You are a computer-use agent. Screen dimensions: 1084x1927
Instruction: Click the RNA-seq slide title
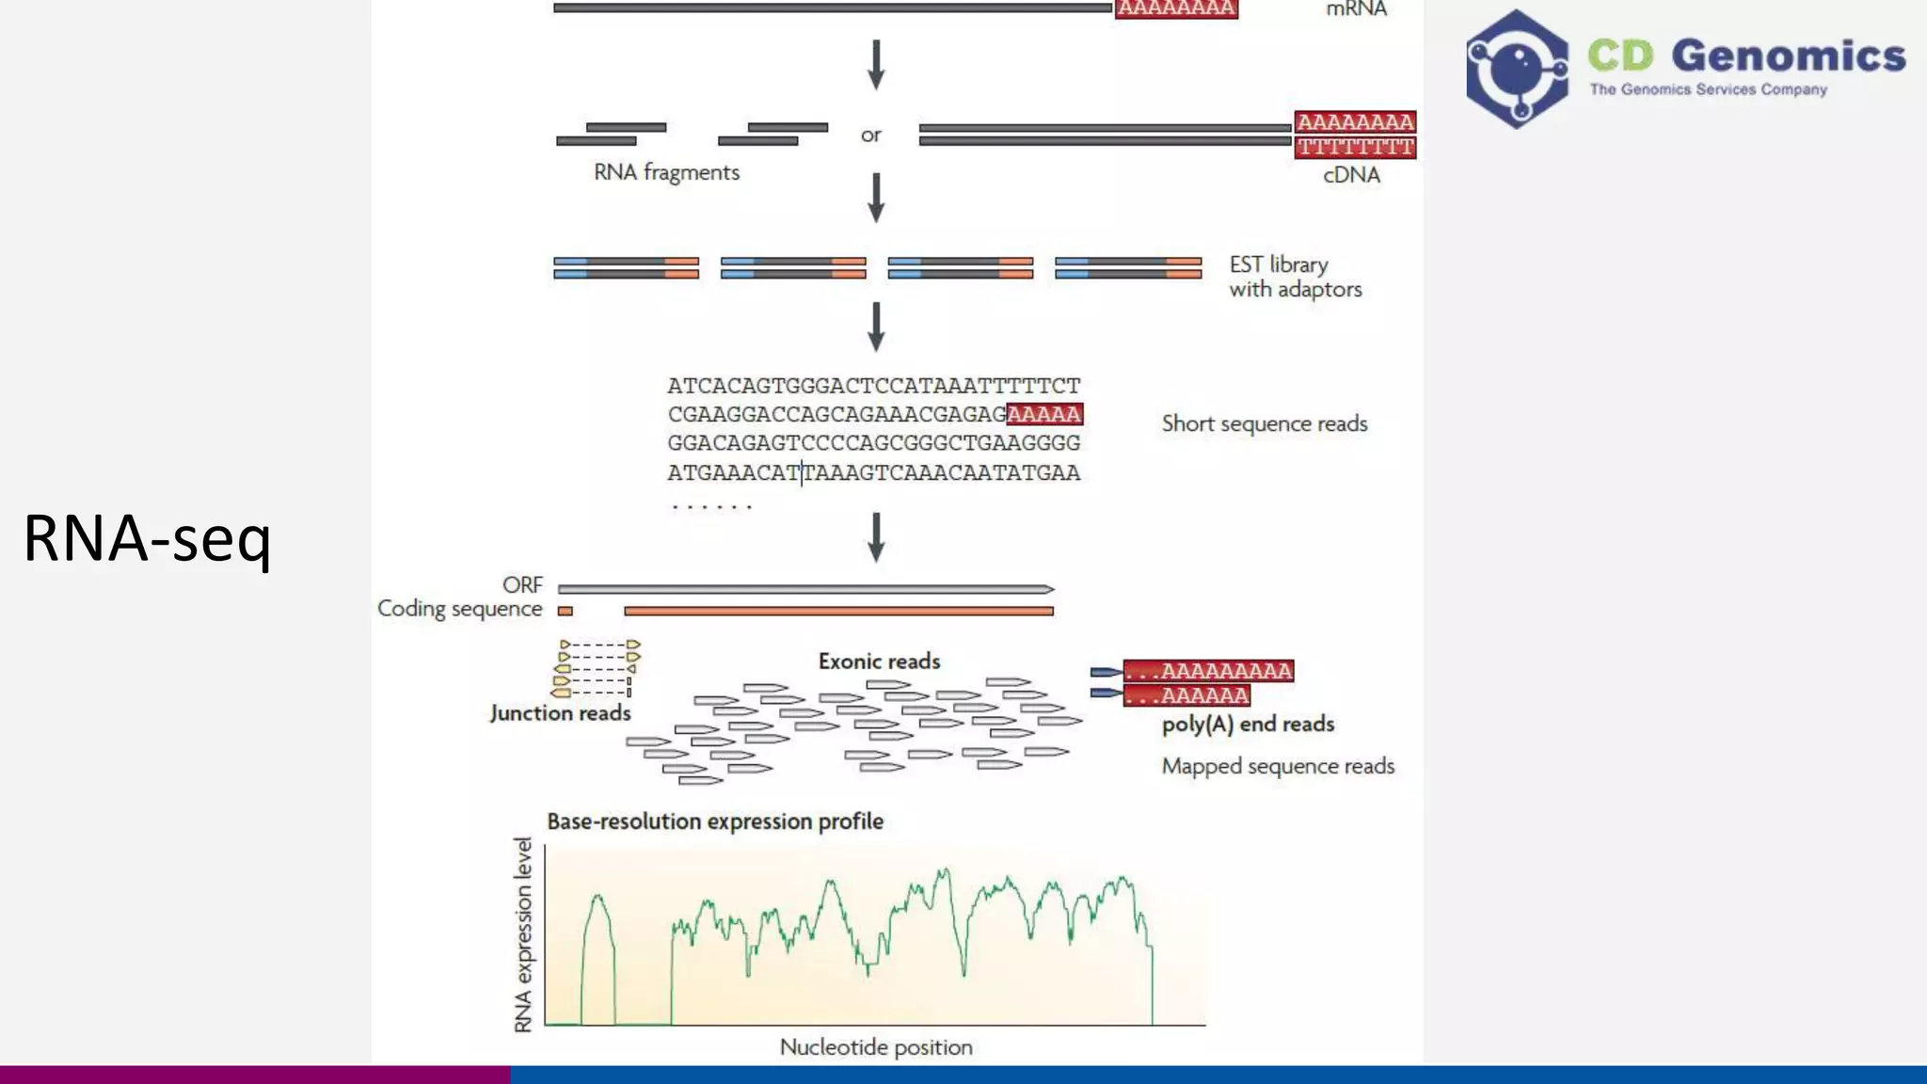pyautogui.click(x=148, y=538)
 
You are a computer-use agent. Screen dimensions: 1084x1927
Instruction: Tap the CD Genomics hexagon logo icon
pyautogui.click(x=1516, y=69)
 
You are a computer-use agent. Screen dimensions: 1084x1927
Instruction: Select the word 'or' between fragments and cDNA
pyautogui.click(x=870, y=135)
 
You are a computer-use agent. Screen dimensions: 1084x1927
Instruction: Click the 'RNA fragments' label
pyautogui.click(x=666, y=172)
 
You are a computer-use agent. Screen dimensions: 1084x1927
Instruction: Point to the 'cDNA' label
pyautogui.click(x=1351, y=175)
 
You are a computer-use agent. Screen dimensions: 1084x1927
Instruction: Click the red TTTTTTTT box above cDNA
pyautogui.click(x=1355, y=147)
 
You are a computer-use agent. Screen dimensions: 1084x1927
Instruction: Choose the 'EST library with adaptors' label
pyautogui.click(x=1295, y=277)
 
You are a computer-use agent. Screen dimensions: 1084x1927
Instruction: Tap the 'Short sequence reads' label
pyautogui.click(x=1264, y=423)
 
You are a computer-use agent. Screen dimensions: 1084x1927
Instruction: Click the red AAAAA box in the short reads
pyautogui.click(x=1044, y=414)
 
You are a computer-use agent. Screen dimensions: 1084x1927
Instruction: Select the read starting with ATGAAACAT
pyautogui.click(x=873, y=472)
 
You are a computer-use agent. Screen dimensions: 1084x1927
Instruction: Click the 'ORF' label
pyautogui.click(x=522, y=585)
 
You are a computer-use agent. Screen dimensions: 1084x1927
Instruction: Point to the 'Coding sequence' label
pyautogui.click(x=459, y=609)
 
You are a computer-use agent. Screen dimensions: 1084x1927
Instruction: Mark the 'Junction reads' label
pyautogui.click(x=560, y=713)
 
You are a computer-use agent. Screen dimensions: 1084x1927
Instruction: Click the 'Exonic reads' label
pyautogui.click(x=879, y=662)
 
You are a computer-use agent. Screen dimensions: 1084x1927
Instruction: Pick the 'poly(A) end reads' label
pyautogui.click(x=1248, y=724)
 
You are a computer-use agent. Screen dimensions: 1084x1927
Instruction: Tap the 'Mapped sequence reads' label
pyautogui.click(x=1278, y=766)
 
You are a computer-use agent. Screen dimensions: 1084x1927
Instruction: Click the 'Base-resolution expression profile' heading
pyautogui.click(x=715, y=821)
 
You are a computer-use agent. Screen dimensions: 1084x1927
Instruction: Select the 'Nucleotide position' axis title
pyautogui.click(x=876, y=1047)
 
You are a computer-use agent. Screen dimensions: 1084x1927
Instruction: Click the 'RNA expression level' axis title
pyautogui.click(x=523, y=934)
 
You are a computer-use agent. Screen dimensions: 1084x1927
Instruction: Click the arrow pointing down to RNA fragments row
pyautogui.click(x=876, y=64)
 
